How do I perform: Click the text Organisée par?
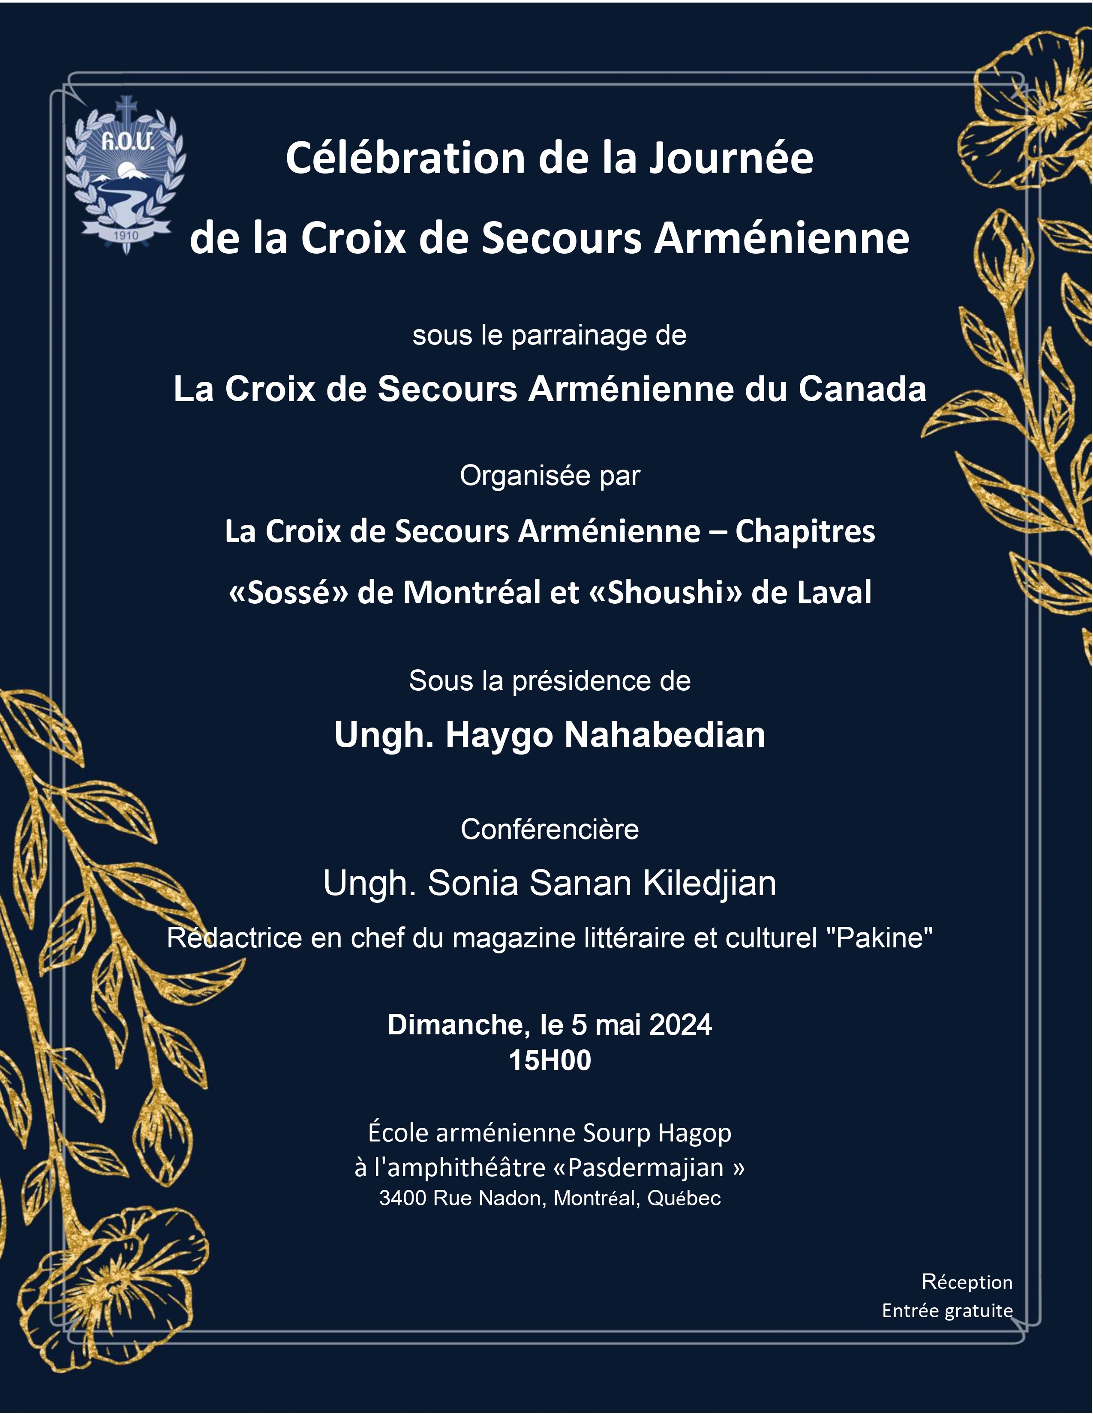tap(550, 476)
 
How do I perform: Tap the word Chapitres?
tap(805, 532)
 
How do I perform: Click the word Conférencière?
tap(550, 830)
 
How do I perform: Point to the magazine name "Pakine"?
tap(883, 938)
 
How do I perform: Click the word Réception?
tap(967, 1282)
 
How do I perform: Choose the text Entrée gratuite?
tap(947, 1310)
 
